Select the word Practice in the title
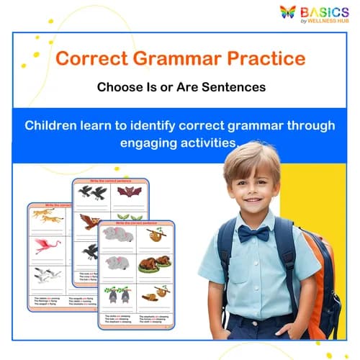[x=263, y=58]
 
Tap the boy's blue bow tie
[x=253, y=233]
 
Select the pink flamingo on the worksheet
[x=48, y=245]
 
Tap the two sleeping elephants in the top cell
[x=117, y=234]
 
